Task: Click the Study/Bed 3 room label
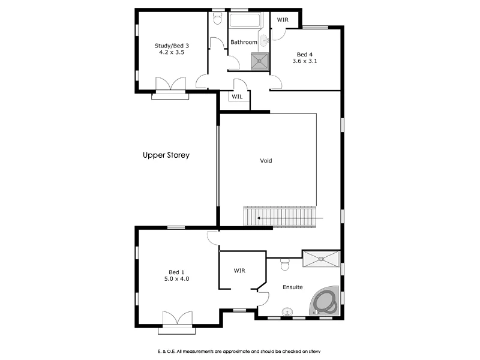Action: [x=172, y=45]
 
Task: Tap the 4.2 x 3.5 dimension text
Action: [x=172, y=53]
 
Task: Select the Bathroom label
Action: [x=244, y=42]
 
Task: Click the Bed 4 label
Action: [x=304, y=54]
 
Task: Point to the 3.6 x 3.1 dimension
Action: [x=304, y=61]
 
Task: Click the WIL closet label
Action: [x=238, y=97]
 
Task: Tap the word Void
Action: [x=266, y=161]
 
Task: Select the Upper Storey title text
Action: [x=166, y=155]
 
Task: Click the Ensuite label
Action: [x=293, y=287]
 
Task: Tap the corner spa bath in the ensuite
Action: [x=325, y=301]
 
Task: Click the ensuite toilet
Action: [x=286, y=263]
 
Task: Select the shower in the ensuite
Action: [x=320, y=259]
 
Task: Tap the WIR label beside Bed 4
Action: [x=282, y=20]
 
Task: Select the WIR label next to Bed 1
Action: [x=240, y=271]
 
